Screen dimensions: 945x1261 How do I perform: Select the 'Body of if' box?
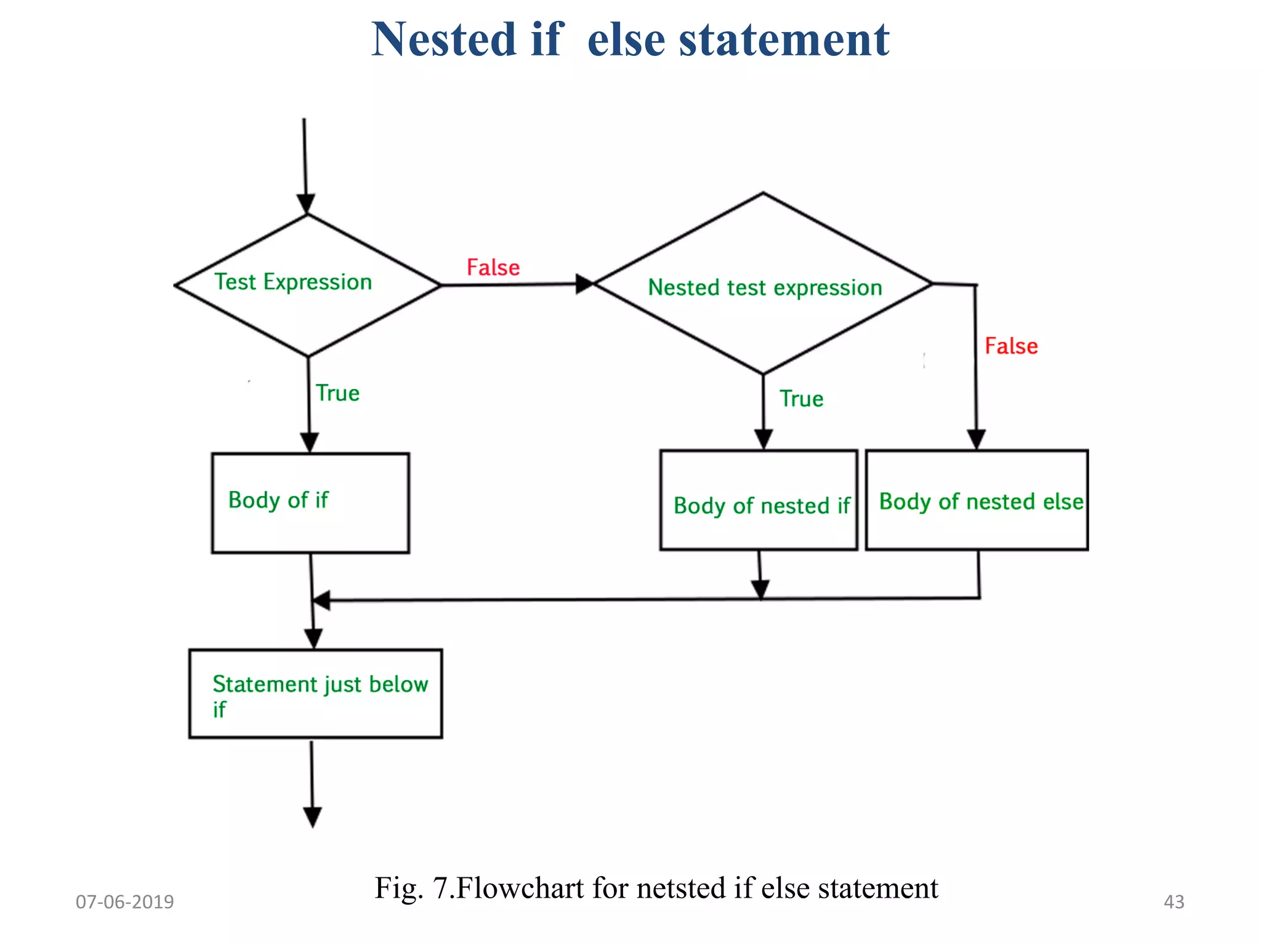310,503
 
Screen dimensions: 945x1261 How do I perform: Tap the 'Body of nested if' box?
759,500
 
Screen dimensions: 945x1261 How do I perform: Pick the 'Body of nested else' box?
977,500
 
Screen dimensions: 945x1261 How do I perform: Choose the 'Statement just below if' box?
315,693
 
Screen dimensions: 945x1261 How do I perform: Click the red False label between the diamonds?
493,268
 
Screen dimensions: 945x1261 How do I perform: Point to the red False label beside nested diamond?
1011,346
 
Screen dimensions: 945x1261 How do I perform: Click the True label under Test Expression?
337,393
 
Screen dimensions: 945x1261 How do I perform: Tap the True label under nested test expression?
801,399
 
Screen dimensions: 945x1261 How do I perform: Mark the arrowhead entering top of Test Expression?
306,204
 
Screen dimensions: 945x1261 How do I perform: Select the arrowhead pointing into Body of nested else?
977,439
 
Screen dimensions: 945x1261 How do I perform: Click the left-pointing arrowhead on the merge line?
321,600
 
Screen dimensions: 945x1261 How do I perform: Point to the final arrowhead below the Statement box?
313,818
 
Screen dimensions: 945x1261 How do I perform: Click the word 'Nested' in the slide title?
443,40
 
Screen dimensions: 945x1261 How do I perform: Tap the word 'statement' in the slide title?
784,40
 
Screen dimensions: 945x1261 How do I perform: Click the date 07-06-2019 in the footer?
125,902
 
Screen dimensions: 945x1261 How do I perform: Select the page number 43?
1174,902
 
